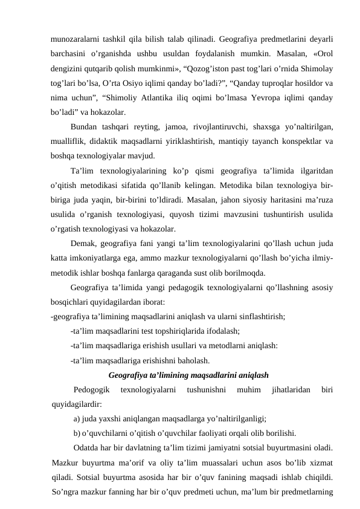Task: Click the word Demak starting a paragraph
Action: (x=84, y=246)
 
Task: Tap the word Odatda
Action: (x=87, y=448)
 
